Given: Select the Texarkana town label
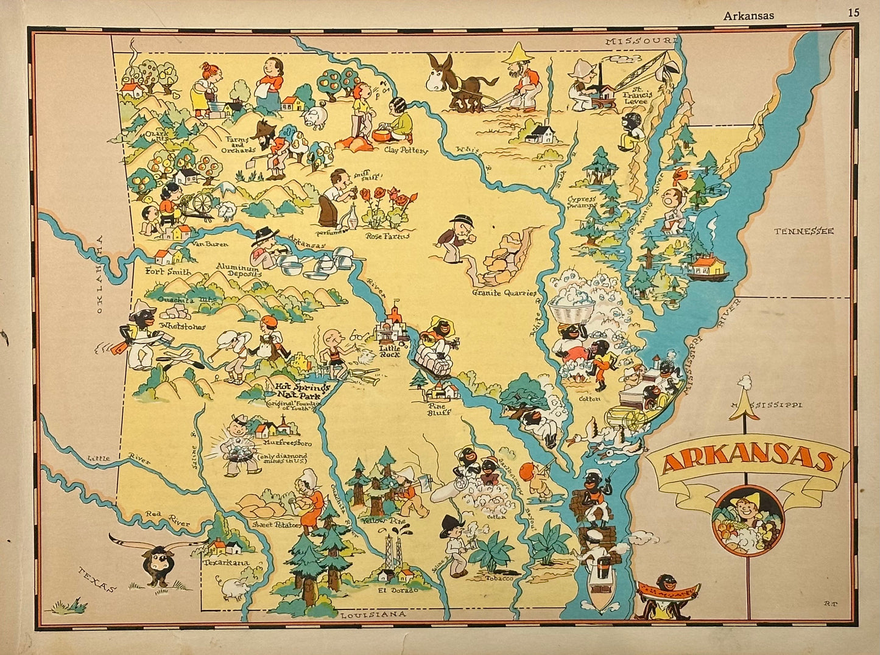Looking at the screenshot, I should click(226, 563).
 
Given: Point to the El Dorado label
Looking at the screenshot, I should click(398, 590).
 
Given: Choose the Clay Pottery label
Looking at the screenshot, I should click(406, 150).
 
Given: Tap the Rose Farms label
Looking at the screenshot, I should click(387, 236).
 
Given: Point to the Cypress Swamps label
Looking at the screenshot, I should click(582, 203).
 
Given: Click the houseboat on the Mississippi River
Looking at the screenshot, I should click(708, 268).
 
